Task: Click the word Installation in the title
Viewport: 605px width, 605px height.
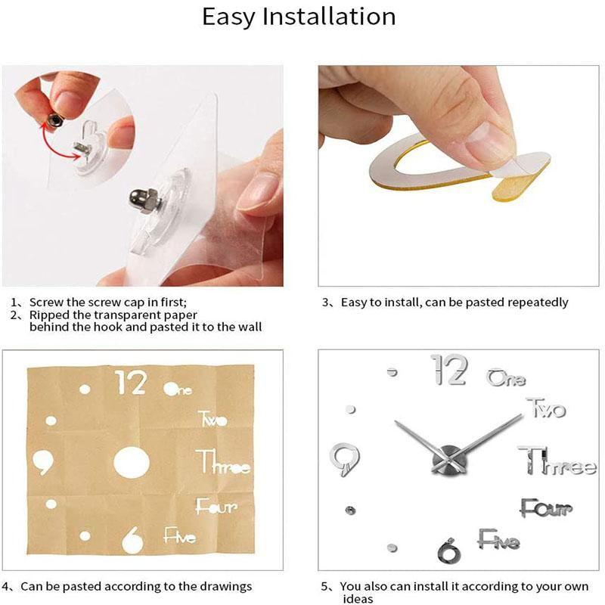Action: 328,17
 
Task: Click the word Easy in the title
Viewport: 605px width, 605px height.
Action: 229,17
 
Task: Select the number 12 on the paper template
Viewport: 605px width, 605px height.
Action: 130,383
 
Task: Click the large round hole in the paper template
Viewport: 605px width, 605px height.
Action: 131,462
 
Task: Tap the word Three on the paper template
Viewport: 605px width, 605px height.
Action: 223,461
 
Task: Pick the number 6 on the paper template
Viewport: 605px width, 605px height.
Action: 132,538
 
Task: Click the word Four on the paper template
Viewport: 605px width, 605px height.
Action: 216,507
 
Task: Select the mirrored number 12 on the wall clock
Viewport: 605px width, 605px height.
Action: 449,371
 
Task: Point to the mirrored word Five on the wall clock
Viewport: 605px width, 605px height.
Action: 498,541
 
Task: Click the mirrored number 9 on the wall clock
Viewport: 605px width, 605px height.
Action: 345,458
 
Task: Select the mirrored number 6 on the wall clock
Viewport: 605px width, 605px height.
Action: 448,550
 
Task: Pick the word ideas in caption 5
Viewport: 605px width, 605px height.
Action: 356,599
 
